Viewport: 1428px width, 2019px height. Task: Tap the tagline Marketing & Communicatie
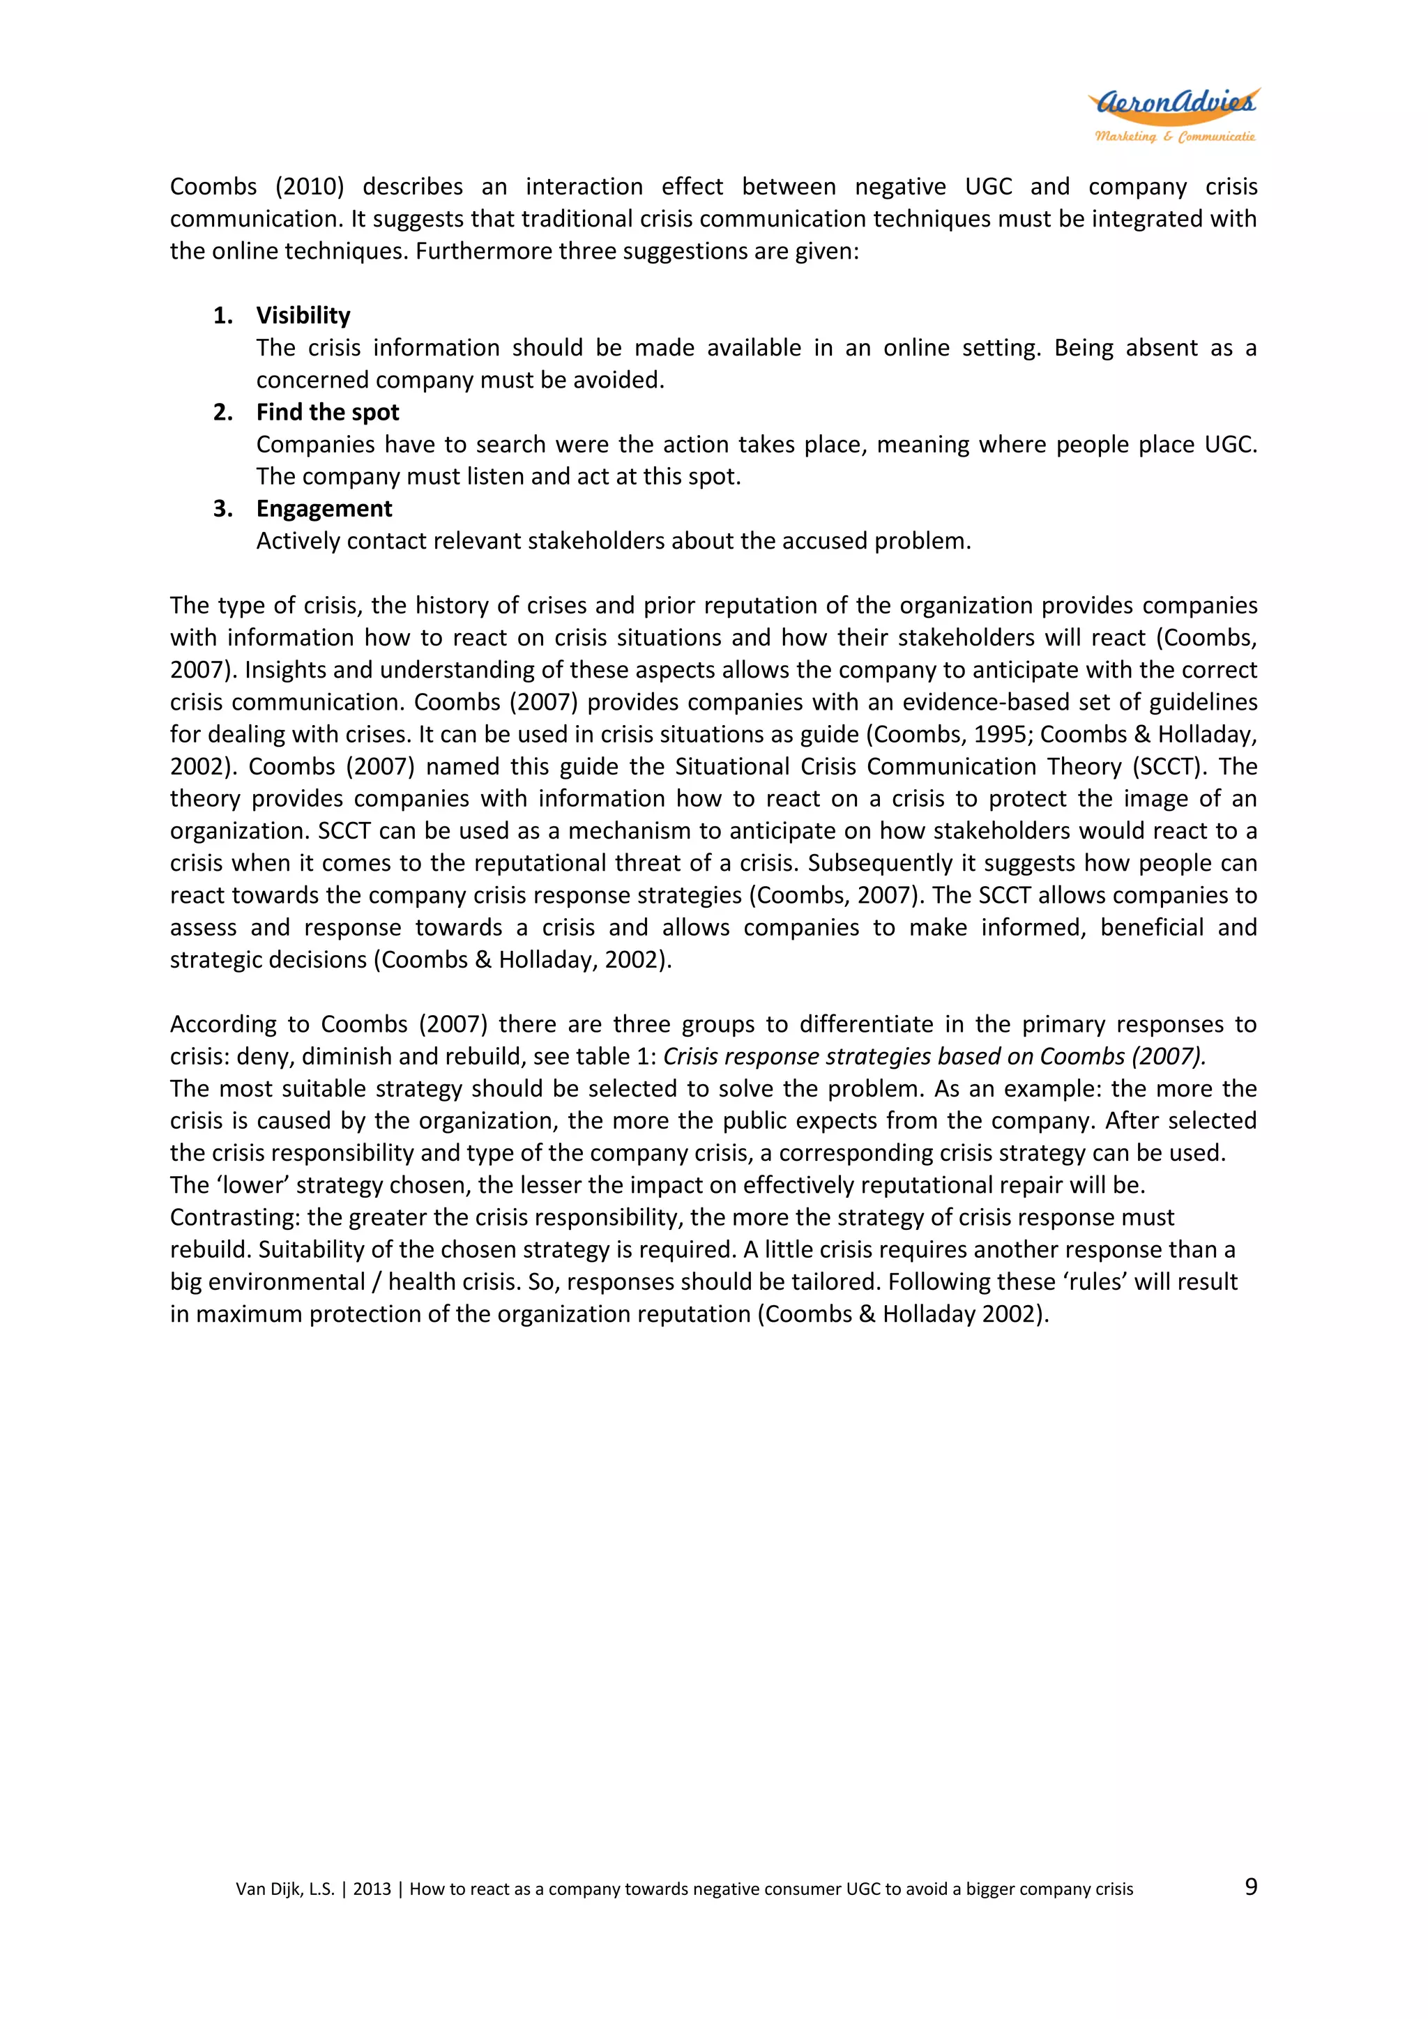tap(1174, 137)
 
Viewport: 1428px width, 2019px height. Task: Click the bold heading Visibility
tap(303, 315)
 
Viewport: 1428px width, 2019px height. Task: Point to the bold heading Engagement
tap(324, 508)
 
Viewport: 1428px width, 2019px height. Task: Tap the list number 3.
tap(222, 508)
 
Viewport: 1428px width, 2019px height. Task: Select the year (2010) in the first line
tap(310, 186)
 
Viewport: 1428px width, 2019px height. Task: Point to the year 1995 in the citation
tap(1001, 734)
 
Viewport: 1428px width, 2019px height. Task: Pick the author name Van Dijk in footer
tap(271, 1889)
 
